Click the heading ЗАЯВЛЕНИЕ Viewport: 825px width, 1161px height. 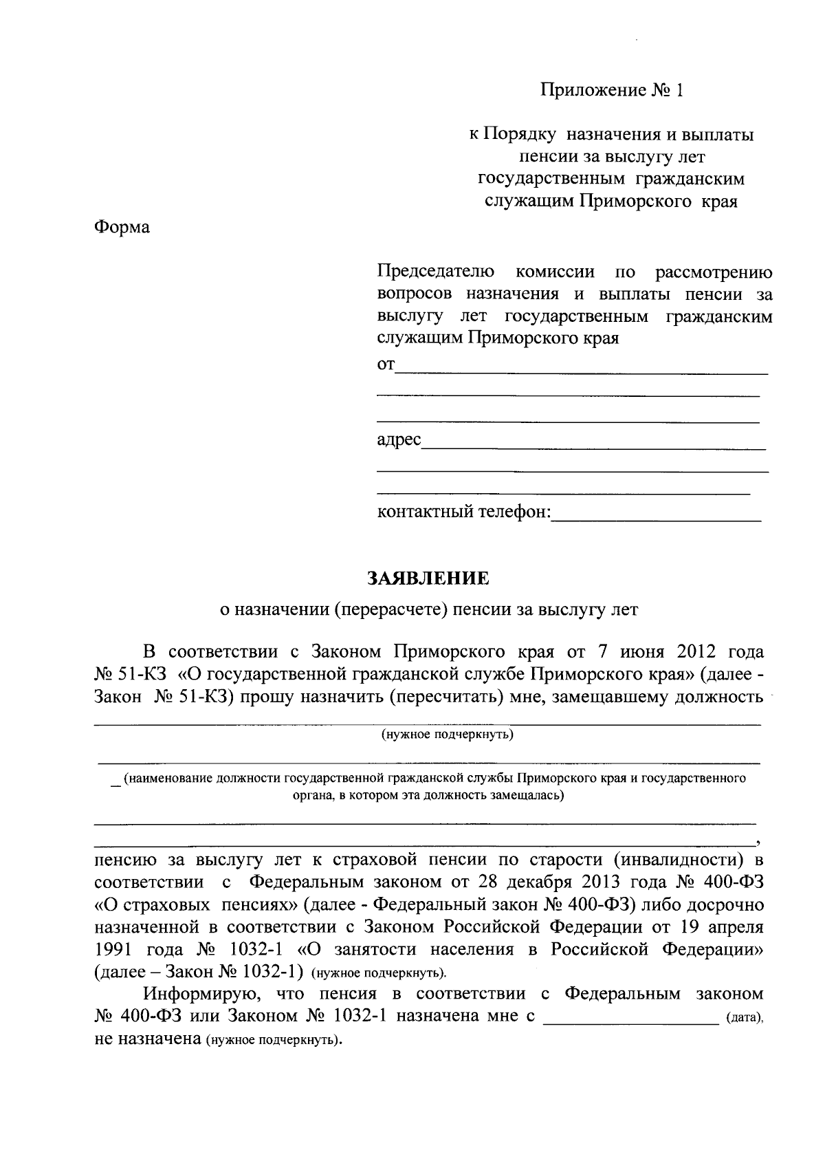coord(428,578)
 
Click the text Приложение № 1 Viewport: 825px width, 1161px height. coord(612,91)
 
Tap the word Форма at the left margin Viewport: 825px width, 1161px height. coord(122,226)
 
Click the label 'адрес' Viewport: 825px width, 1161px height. coord(399,440)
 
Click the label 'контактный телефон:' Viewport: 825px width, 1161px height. coord(464,512)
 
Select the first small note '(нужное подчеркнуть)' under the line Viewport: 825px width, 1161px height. coord(448,735)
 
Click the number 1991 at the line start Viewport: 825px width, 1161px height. coord(114,949)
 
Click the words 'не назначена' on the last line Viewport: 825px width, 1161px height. coord(146,1039)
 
